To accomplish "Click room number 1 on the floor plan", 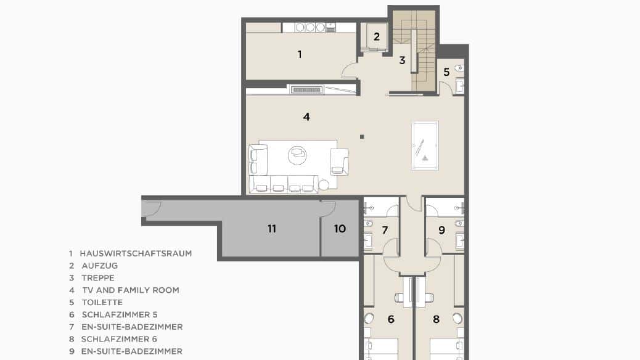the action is (300, 54).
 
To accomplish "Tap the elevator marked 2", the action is (376, 37).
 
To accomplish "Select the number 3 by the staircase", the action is (402, 60).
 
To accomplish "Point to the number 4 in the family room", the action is (306, 117).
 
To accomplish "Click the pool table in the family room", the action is (425, 145).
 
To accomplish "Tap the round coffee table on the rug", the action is (297, 155).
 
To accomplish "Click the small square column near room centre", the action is (362, 137).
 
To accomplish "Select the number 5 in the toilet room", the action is (446, 72).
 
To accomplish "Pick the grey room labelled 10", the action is (340, 229).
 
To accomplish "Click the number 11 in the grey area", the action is (272, 229).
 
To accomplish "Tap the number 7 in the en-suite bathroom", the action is (385, 230).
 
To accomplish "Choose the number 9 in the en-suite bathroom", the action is (441, 230).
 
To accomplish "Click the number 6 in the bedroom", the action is (391, 319).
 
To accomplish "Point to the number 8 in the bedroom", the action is (437, 319).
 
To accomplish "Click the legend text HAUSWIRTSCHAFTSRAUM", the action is (136, 253).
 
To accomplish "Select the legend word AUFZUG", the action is (100, 266).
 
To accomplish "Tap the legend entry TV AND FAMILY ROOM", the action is (131, 290).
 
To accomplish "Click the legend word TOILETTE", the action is (102, 303).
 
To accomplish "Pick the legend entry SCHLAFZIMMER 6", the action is (119, 339).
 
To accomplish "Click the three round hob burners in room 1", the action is (310, 27).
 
